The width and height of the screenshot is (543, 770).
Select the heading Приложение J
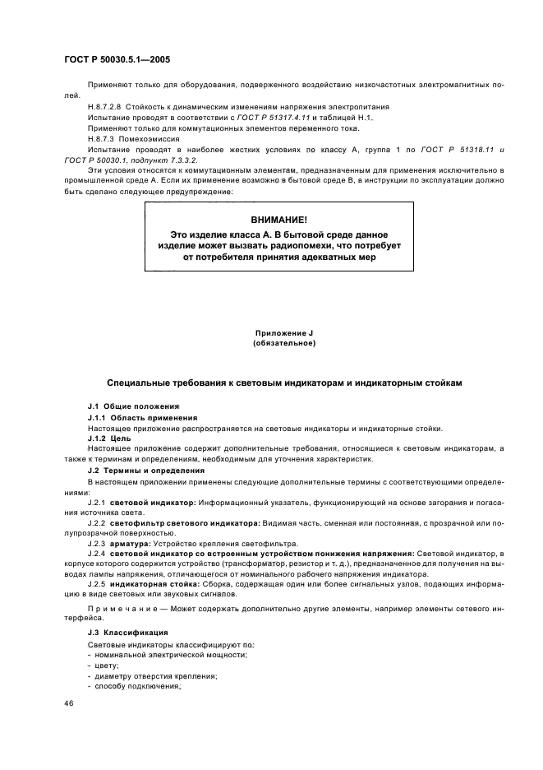(x=284, y=332)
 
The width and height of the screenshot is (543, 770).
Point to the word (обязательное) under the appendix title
(x=284, y=342)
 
